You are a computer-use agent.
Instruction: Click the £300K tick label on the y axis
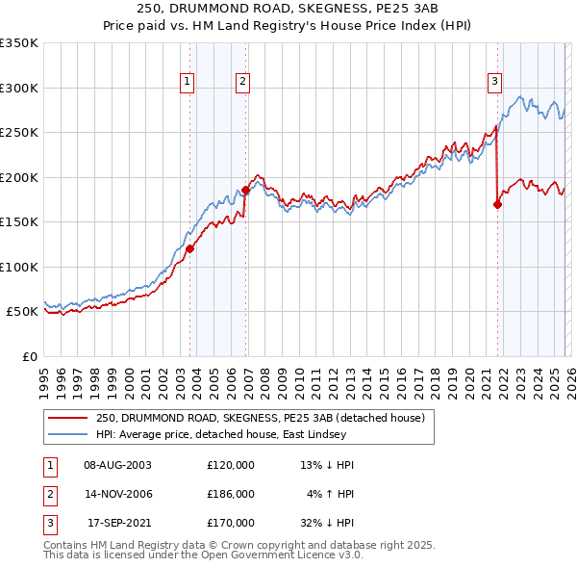coord(19,88)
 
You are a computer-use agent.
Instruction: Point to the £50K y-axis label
coord(22,312)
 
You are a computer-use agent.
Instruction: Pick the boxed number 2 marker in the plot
coord(243,82)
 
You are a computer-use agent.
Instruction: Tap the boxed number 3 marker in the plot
coord(494,82)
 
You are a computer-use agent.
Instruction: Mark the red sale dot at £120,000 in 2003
coord(189,248)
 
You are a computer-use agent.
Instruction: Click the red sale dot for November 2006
coord(245,190)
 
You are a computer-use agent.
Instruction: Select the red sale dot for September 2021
coord(497,204)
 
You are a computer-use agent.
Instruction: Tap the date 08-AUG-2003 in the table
coord(117,465)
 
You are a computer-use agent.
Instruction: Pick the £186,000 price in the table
coord(231,494)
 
